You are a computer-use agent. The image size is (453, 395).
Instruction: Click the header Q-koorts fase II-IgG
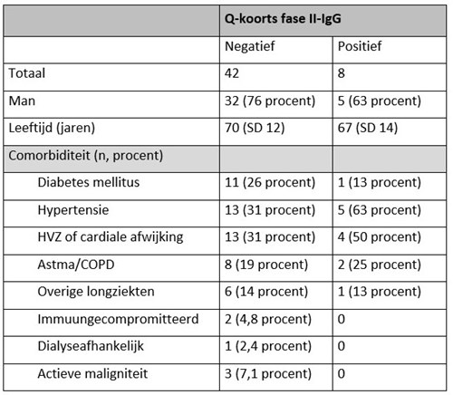283,19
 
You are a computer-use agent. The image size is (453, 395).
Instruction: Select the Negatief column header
250,47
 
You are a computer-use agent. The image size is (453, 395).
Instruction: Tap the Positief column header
360,46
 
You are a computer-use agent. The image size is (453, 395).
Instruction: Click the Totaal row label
27,73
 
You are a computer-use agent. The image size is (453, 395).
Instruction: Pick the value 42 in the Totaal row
232,73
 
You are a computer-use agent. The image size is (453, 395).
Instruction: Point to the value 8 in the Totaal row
342,73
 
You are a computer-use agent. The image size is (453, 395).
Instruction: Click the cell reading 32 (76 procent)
270,101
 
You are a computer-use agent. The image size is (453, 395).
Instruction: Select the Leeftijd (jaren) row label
52,128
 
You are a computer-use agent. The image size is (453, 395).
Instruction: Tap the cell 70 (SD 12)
255,128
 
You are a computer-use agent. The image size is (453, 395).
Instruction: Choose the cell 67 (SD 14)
368,128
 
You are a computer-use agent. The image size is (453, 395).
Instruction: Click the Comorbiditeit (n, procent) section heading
86,156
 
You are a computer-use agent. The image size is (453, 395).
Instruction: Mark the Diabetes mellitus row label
89,183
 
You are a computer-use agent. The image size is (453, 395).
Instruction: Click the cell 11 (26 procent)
270,183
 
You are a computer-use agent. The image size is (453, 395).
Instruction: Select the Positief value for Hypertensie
380,210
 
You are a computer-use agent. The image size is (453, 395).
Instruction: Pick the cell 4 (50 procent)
380,237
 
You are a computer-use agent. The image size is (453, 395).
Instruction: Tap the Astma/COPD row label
76,265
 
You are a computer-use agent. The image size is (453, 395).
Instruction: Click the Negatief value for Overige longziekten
266,292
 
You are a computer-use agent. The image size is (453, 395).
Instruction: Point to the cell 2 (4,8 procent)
268,320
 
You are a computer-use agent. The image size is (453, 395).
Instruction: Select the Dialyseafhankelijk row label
91,346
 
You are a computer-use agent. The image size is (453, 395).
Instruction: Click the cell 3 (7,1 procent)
268,374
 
